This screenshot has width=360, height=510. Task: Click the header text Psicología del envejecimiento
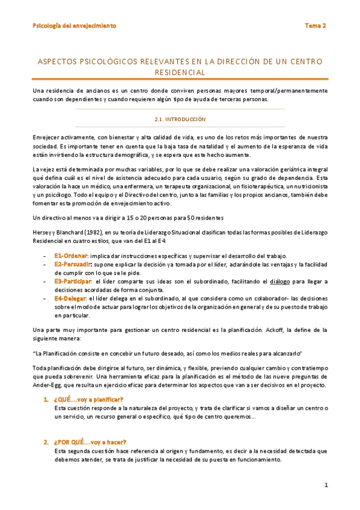[75, 26]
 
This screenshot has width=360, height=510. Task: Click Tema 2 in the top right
[315, 26]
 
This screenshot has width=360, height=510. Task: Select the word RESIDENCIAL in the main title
[180, 73]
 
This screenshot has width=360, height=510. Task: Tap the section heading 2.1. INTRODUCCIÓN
[180, 119]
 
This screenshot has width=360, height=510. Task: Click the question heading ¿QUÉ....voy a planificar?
[88, 399]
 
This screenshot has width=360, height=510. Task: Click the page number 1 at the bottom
[325, 485]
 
